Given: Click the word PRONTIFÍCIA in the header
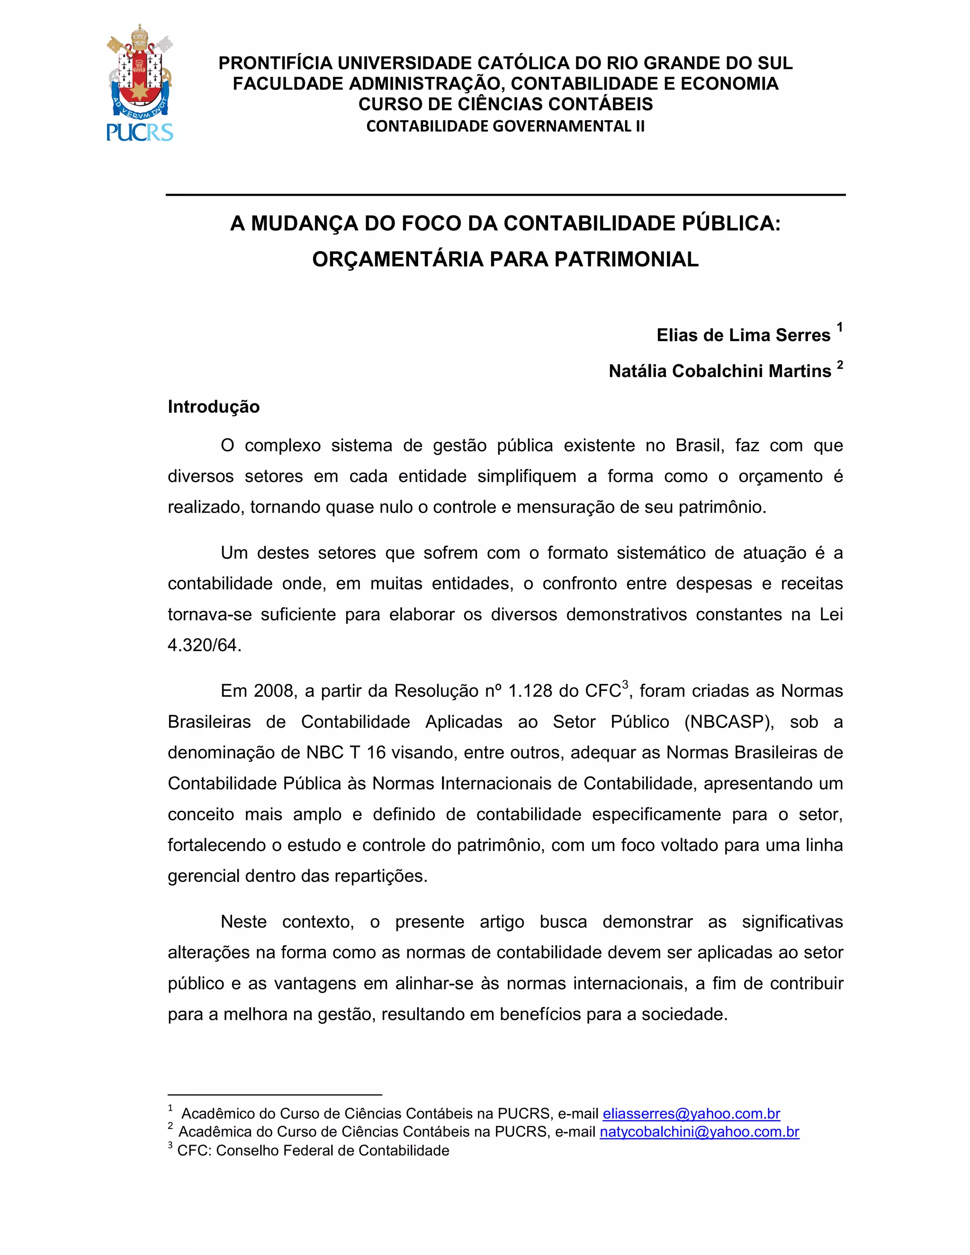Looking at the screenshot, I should [275, 63].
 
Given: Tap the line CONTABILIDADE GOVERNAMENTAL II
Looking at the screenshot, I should [505, 126].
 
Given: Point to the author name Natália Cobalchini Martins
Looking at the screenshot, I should [719, 371].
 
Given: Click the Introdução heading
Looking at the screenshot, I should [214, 407].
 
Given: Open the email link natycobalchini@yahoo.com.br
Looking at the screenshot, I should [700, 1131].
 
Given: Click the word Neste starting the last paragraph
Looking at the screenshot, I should [243, 922].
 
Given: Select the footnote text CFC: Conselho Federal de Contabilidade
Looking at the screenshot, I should [313, 1150].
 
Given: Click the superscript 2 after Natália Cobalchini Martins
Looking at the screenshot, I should [840, 364].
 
